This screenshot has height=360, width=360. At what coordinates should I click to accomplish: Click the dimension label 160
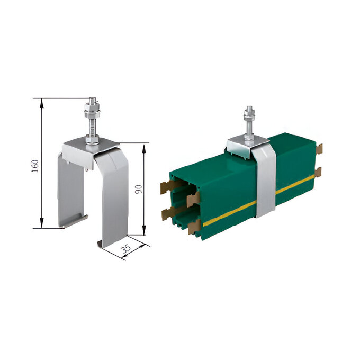tap(35, 166)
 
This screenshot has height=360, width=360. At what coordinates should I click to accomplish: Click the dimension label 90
tap(139, 189)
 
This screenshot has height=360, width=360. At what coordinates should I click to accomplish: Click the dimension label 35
tap(126, 248)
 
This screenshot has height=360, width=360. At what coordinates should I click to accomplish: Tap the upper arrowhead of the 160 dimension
tap(41, 103)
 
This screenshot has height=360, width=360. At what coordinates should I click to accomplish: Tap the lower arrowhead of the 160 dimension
tap(41, 223)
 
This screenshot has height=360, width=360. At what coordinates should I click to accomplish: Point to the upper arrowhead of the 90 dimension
tap(144, 148)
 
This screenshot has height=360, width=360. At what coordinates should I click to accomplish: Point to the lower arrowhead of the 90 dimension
tap(144, 230)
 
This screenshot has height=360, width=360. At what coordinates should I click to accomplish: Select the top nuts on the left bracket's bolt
tap(92, 110)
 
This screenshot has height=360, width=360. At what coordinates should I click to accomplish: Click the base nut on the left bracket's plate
tap(92, 140)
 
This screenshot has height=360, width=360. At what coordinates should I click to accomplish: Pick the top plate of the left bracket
tap(89, 151)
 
